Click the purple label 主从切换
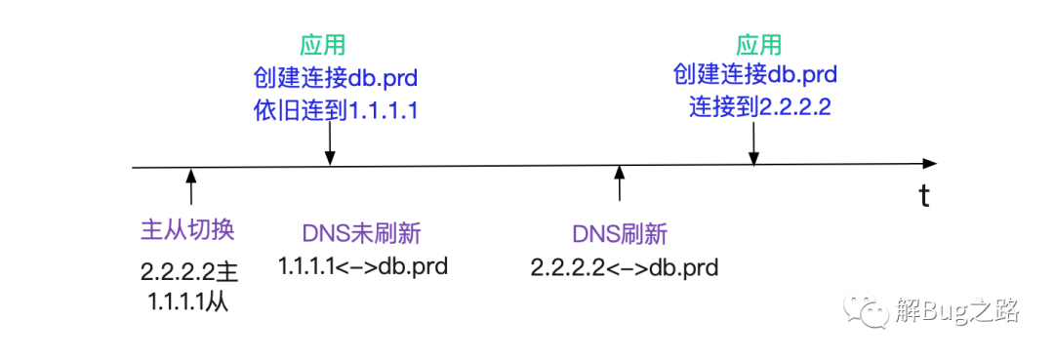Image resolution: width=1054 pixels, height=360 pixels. point(187,230)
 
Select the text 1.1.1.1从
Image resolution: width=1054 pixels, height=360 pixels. point(189,302)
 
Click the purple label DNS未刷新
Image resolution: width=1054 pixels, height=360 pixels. point(362,234)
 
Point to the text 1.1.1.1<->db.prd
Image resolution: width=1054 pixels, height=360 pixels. point(363,266)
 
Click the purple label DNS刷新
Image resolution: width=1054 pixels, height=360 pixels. point(620,234)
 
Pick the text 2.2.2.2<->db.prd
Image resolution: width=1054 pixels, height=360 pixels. point(625,267)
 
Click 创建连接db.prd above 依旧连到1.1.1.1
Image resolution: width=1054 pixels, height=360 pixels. point(336,77)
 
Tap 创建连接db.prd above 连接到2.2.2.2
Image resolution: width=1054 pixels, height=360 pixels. point(754,74)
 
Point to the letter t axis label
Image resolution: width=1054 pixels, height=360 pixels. point(925,197)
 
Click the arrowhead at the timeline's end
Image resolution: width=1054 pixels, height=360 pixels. point(930,164)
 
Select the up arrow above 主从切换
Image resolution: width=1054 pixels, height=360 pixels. point(191,185)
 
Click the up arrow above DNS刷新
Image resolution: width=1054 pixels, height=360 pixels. point(620,182)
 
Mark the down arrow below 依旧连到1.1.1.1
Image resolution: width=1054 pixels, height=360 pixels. point(330,144)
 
